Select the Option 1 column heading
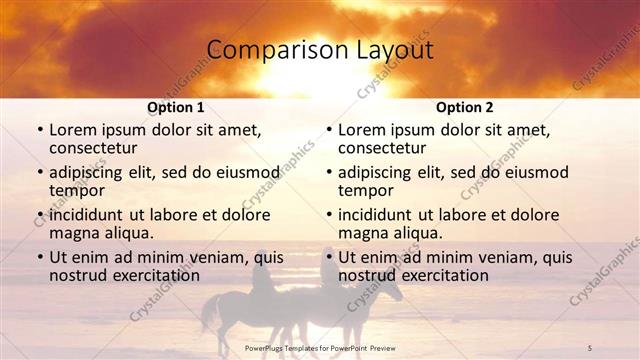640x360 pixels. (x=176, y=107)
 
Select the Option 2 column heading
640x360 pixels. (x=464, y=107)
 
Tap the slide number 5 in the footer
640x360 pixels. (x=590, y=347)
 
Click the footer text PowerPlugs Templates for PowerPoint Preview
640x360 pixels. (x=320, y=347)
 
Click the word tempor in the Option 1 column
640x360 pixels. (x=77, y=191)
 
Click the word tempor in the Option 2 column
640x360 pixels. (x=366, y=191)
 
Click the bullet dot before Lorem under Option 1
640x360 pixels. (x=39, y=131)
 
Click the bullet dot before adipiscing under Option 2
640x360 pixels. (x=328, y=173)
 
